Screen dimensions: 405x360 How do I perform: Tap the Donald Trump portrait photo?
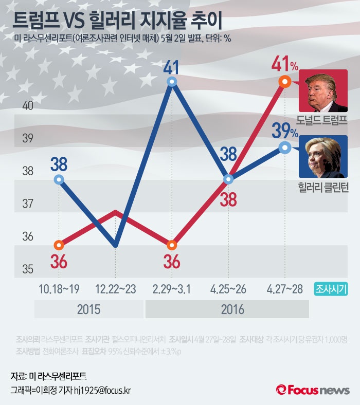(323, 91)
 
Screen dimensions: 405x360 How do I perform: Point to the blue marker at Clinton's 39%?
(285, 147)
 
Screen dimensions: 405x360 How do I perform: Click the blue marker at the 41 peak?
(172, 82)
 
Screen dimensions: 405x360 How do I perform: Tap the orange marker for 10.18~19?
(59, 245)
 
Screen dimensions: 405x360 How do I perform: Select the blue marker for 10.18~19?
(59, 179)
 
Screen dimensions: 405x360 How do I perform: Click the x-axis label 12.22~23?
(116, 289)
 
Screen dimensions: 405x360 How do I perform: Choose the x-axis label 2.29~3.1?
(172, 289)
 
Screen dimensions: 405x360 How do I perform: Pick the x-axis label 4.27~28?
(284, 289)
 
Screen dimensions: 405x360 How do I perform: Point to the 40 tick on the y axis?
(27, 106)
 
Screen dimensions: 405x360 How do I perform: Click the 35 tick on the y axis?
(27, 269)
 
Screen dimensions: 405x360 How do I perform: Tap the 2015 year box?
(88, 310)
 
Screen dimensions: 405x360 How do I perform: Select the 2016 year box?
(227, 310)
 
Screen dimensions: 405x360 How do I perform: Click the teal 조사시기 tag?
(332, 289)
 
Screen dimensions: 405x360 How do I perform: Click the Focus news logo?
(313, 390)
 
